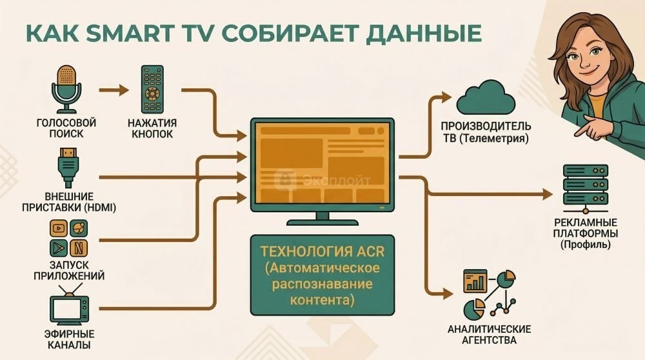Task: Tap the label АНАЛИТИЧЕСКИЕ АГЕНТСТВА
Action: pyautogui.click(x=489, y=334)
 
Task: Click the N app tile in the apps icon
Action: pyautogui.click(x=78, y=246)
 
